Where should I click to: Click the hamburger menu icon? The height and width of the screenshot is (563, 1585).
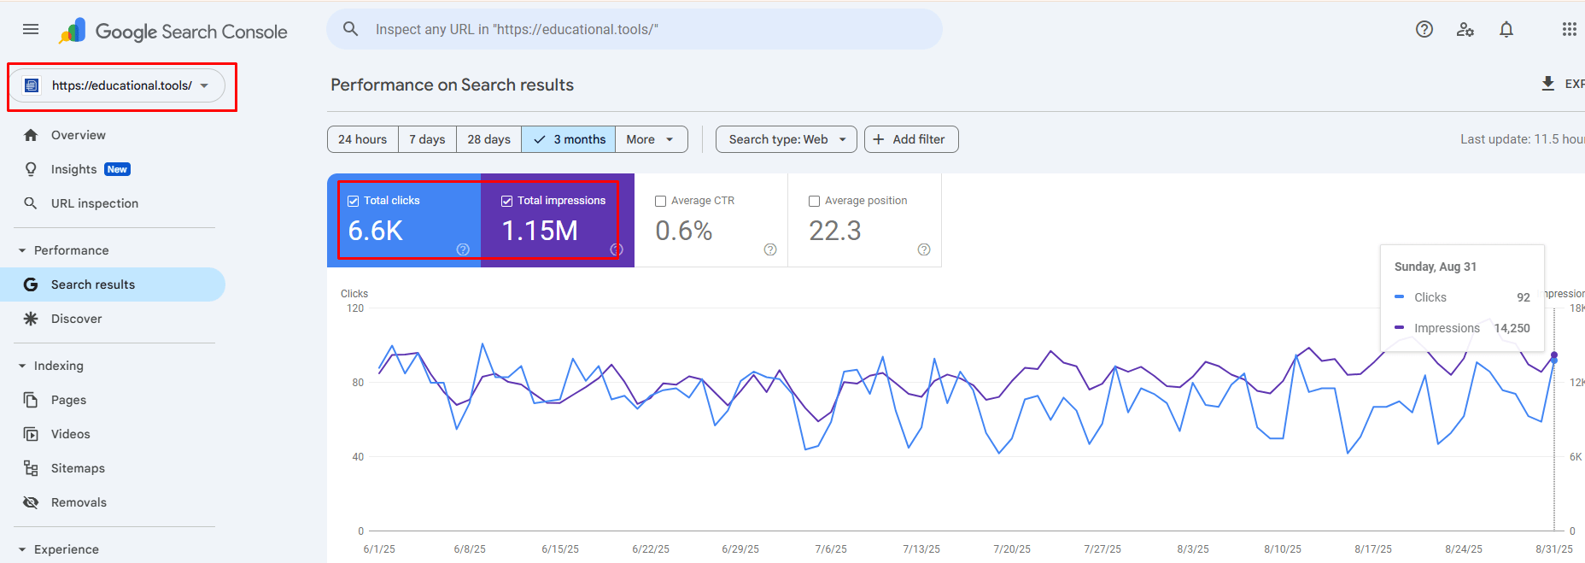[31, 29]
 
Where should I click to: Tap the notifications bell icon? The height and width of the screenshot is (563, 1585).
[1506, 29]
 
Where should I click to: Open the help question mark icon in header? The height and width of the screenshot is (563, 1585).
[1424, 29]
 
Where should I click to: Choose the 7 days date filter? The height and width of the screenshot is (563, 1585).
[427, 139]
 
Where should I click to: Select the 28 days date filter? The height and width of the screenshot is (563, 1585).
[488, 139]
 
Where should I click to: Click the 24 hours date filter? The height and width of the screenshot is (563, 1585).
[362, 139]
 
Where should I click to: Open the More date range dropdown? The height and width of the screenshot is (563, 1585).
[651, 139]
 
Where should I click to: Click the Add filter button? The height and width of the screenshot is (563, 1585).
[910, 139]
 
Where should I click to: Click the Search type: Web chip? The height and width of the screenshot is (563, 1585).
[786, 139]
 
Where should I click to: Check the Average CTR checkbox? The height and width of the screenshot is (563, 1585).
[660, 201]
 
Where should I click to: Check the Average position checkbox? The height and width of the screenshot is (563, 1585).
[814, 201]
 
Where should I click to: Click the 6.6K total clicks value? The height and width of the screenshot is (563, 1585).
[376, 231]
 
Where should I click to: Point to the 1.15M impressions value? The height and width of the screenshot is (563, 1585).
[540, 231]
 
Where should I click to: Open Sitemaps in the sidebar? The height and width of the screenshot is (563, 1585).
[78, 468]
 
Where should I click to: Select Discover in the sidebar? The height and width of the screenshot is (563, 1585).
[76, 319]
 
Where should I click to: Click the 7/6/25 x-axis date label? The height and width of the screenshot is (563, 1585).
[831, 549]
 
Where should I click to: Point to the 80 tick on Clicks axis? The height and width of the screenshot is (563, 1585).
[358, 383]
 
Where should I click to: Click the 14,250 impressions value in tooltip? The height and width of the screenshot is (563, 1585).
[1512, 328]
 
